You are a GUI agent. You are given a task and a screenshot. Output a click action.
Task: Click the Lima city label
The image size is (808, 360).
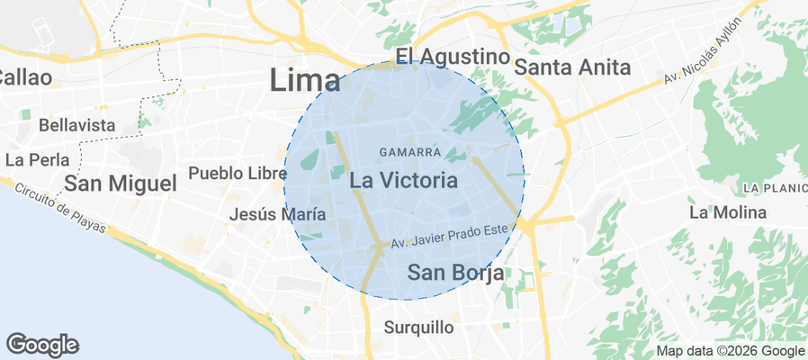[305, 81]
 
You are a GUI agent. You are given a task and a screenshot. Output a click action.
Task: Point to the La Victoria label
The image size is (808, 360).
[403, 181]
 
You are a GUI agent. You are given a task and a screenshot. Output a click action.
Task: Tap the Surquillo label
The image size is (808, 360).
[418, 327]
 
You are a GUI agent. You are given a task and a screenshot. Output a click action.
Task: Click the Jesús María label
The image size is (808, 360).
[277, 215]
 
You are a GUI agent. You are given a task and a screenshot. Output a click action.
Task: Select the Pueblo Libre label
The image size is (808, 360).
[230, 171]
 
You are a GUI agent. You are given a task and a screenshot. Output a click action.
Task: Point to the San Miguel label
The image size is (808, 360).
[120, 184]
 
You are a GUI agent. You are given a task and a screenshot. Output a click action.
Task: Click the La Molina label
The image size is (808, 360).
[727, 212]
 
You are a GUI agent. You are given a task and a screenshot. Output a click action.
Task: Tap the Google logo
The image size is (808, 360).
[41, 344]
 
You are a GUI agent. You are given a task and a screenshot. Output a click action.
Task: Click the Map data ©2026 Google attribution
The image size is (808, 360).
[730, 351]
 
